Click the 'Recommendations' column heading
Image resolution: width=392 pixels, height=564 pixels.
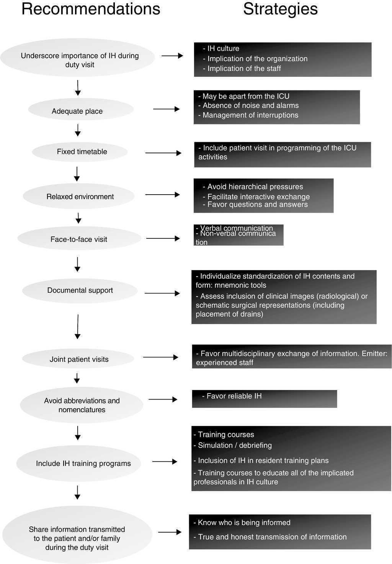point(91,9)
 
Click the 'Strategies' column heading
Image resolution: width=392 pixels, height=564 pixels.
point(280,9)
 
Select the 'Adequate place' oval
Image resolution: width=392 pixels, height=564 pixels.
point(77,111)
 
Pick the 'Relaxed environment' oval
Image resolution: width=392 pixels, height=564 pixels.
point(80,197)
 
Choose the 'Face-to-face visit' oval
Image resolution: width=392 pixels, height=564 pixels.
point(79,239)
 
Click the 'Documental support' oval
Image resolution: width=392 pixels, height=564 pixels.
point(80,290)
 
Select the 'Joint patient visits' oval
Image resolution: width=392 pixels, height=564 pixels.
point(79,359)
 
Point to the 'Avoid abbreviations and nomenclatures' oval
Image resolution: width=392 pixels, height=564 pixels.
point(82,405)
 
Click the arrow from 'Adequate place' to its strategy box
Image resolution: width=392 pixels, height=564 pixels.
point(166,109)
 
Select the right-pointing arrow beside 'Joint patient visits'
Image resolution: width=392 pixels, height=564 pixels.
point(160,357)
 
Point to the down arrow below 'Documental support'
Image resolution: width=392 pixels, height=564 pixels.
point(78,326)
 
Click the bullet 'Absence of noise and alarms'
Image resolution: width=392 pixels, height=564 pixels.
point(250,105)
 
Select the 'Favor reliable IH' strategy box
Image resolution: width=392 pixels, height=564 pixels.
point(264,398)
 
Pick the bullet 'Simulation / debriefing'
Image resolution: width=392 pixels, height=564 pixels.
point(234,445)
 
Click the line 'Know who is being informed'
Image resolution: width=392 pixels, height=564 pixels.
point(244,523)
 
